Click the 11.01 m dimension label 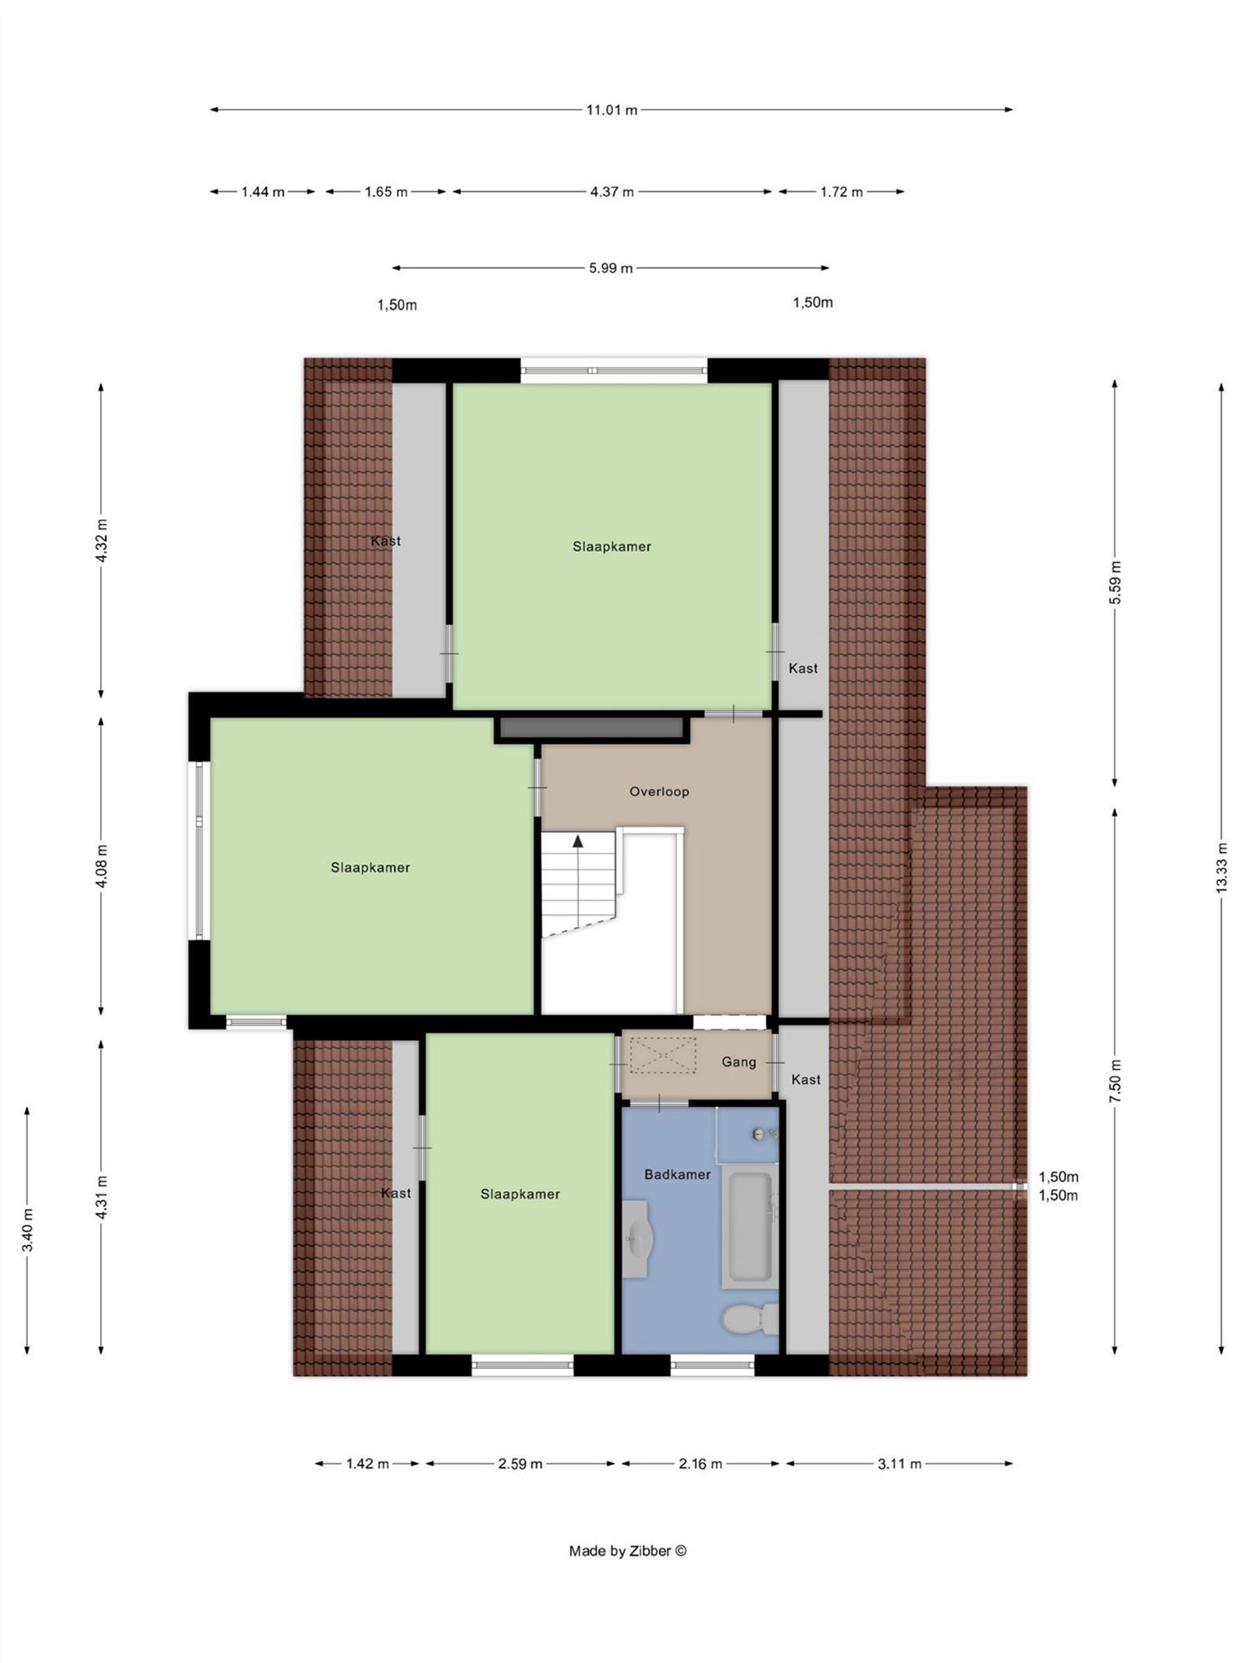[x=612, y=110]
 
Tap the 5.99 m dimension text [x=611, y=268]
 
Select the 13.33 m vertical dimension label [x=1221, y=868]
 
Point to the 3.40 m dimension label [x=27, y=1230]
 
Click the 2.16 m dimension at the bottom [x=700, y=1463]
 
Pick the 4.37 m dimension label [x=612, y=192]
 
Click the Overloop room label [x=659, y=791]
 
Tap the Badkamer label [x=677, y=1174]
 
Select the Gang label [x=739, y=1062]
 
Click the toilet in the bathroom [x=750, y=1319]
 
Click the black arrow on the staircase [x=578, y=841]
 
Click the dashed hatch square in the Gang [x=662, y=1055]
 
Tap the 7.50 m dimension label [x=1115, y=1081]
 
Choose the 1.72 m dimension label [x=841, y=192]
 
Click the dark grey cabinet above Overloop [x=590, y=727]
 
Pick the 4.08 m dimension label [x=101, y=865]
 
